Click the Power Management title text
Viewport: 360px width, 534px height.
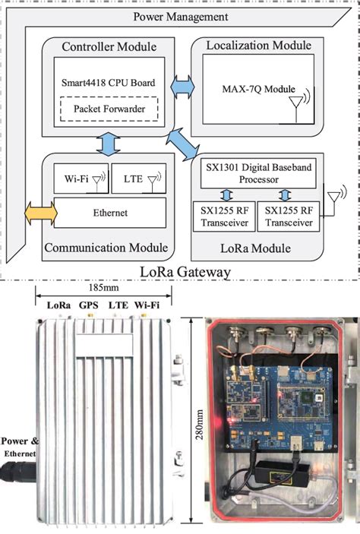pos(181,16)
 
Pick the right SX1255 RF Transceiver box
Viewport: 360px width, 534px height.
pos(286,216)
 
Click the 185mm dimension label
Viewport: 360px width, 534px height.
pos(99,289)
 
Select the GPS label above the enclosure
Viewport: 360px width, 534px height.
pos(90,305)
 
